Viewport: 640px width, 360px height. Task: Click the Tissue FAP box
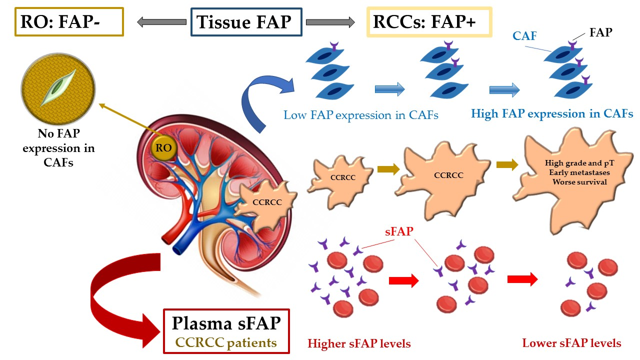(x=246, y=22)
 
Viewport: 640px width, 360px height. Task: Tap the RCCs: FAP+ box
(x=429, y=22)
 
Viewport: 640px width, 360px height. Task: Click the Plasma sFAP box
(x=226, y=331)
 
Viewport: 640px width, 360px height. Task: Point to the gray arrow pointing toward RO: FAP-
(x=155, y=22)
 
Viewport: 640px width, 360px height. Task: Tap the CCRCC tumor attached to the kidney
(x=263, y=202)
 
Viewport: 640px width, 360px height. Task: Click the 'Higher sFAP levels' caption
(x=359, y=344)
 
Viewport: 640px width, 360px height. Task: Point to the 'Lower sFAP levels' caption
(x=571, y=343)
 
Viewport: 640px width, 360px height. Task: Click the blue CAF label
(x=524, y=35)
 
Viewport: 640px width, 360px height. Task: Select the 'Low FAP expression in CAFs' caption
(x=360, y=115)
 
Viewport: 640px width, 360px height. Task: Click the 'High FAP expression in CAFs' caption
(x=552, y=114)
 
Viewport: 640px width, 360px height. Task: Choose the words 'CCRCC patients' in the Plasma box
(x=227, y=343)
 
